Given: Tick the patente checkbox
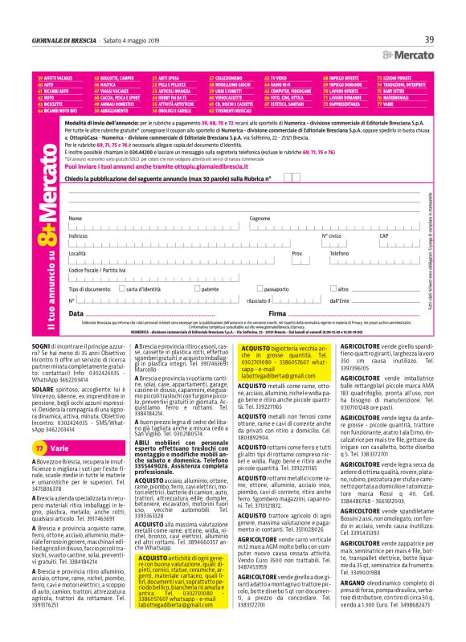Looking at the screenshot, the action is click(x=198, y=288).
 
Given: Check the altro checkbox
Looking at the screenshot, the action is click(x=335, y=288).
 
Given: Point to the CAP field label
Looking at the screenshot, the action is click(x=383, y=236).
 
